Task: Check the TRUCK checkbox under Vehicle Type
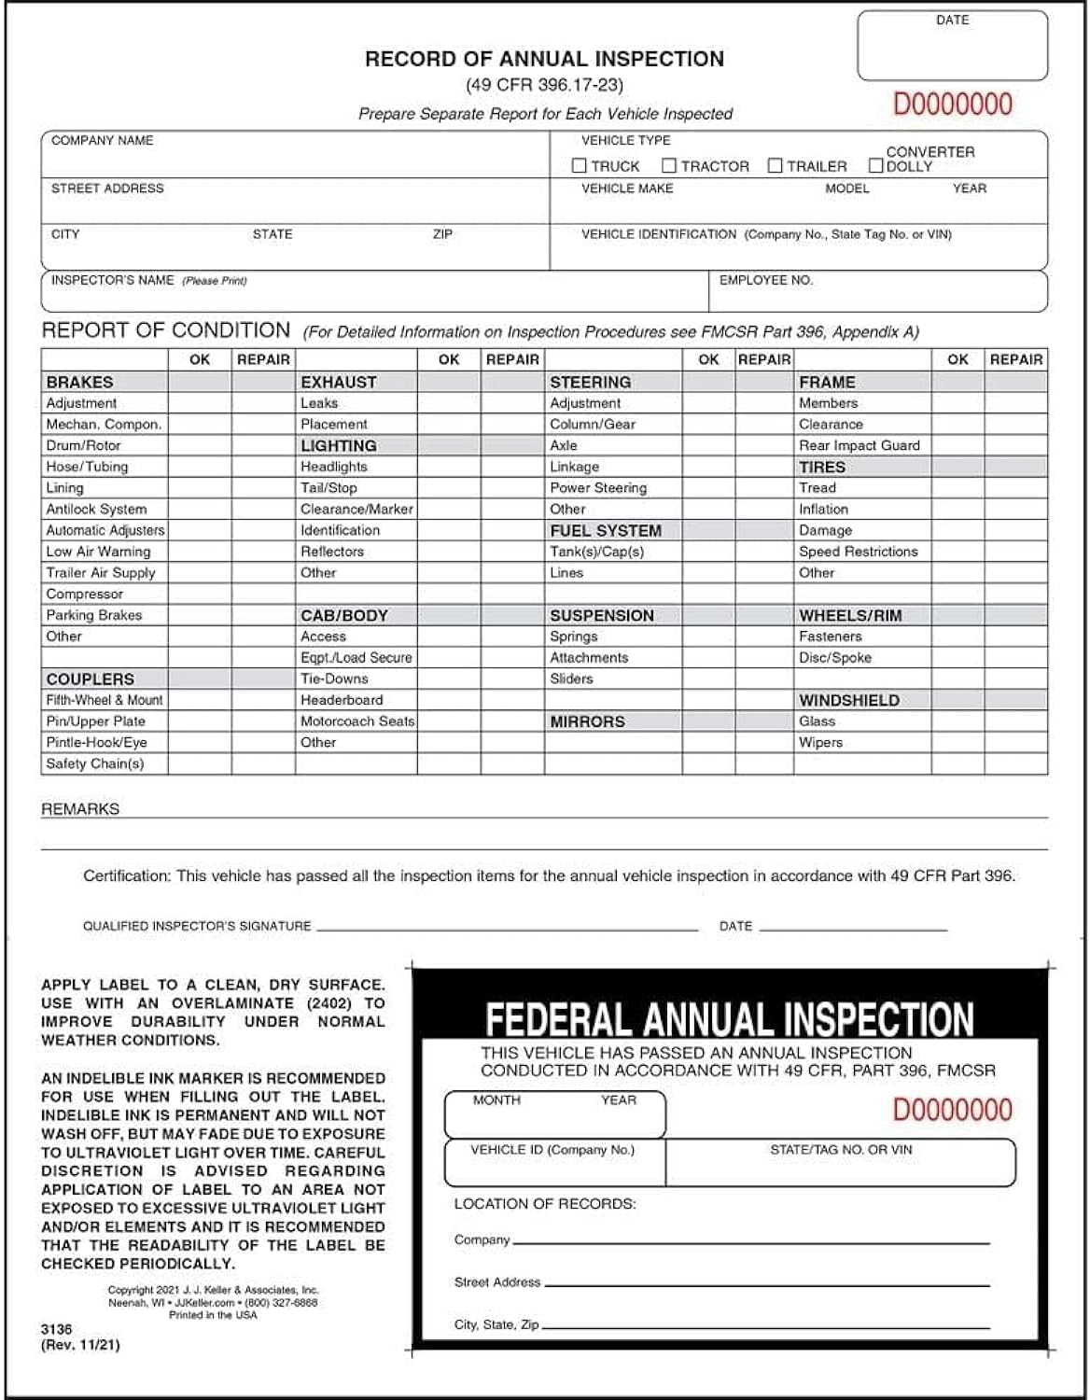pyautogui.click(x=579, y=166)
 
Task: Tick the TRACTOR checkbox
pyautogui.click(x=668, y=166)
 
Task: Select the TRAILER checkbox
pyautogui.click(x=775, y=166)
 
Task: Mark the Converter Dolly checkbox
pyautogui.click(x=875, y=166)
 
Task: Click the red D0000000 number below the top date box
pyautogui.click(x=952, y=104)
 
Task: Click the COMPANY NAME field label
pyautogui.click(x=102, y=141)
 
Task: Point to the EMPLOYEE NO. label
pyautogui.click(x=765, y=280)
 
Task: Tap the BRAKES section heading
pyautogui.click(x=79, y=382)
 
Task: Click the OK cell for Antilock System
pyautogui.click(x=200, y=509)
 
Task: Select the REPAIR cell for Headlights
pyautogui.click(x=512, y=467)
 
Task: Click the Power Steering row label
pyautogui.click(x=597, y=487)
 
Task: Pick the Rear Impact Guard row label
pyautogui.click(x=859, y=445)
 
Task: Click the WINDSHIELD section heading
pyautogui.click(x=848, y=700)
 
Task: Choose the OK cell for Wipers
pyautogui.click(x=957, y=742)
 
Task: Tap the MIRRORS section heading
pyautogui.click(x=587, y=721)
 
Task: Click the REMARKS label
pyautogui.click(x=80, y=809)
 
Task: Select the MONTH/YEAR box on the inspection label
pyautogui.click(x=554, y=1114)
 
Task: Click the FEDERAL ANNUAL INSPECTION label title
pyautogui.click(x=729, y=1019)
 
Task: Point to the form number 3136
pyautogui.click(x=56, y=1329)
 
